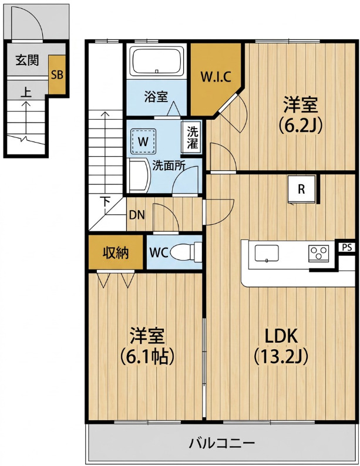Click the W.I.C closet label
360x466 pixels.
coord(216,77)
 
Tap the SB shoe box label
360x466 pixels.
coord(57,75)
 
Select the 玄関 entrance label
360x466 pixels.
coord(27,60)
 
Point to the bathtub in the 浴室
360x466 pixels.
coord(157,62)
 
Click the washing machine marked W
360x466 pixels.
coord(143,141)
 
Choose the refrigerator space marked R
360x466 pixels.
coord(301,190)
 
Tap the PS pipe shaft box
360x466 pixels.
coord(346,247)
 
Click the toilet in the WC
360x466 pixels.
coord(184,252)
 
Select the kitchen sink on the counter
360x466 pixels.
coord(267,253)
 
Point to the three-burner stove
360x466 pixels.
coord(319,254)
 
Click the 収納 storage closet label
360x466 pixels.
coord(116,252)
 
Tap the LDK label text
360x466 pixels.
coord(281,336)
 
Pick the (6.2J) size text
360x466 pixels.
coord(301,126)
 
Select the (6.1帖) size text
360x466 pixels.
coord(147,356)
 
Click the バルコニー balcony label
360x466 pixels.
coord(222,444)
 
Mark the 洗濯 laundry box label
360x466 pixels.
coord(193,137)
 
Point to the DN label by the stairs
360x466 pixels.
coord(137,215)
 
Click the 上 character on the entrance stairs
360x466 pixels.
coord(26,92)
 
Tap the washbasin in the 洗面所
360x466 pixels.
coord(139,176)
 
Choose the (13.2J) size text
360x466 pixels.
coord(281,356)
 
